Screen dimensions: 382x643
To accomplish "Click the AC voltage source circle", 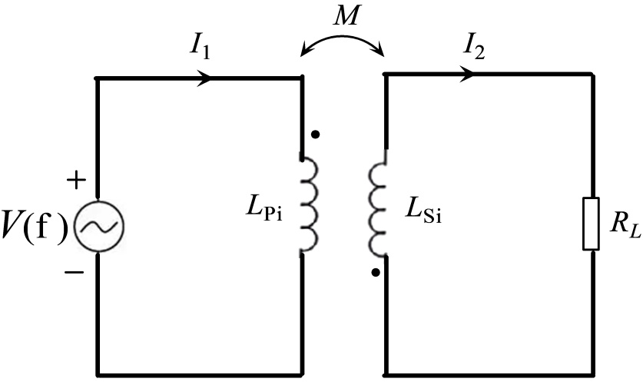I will [98, 226].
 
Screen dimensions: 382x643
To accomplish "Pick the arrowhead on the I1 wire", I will [206, 78].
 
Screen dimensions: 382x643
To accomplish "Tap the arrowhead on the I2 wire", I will [466, 75].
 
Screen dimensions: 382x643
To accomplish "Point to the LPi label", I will [264, 211].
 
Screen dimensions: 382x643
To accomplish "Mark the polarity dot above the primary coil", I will [315, 135].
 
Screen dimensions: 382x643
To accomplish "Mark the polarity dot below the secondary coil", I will [374, 271].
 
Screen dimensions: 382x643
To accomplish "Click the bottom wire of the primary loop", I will [198, 374].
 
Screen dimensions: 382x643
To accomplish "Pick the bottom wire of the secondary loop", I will [489, 374].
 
